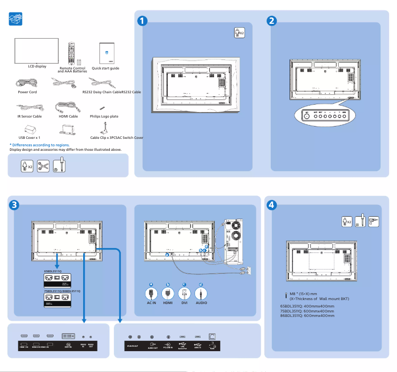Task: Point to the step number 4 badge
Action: coord(271,204)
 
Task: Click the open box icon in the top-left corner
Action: coord(16,19)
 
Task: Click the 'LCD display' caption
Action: coord(37,66)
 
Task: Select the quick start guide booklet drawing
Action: coord(106,52)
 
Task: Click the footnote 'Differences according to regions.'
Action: coord(40,145)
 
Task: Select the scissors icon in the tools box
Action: coord(43,166)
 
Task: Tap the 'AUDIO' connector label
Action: coord(214,303)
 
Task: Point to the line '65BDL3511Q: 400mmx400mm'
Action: coord(307,306)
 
